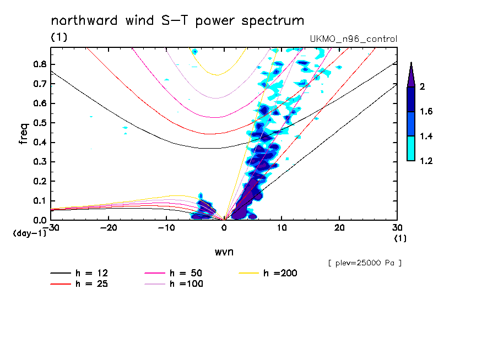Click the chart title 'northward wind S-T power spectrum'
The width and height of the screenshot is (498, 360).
click(x=177, y=21)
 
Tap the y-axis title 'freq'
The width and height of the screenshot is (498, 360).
click(x=24, y=133)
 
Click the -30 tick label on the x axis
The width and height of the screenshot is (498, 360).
click(x=50, y=227)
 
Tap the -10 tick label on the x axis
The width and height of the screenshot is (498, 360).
click(x=166, y=227)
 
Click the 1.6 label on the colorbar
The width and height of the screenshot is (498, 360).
click(x=426, y=112)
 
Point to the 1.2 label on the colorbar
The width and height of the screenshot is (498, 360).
click(x=426, y=161)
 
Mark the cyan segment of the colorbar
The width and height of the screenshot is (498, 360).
click(x=411, y=149)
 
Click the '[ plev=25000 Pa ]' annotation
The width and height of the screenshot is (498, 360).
click(x=364, y=263)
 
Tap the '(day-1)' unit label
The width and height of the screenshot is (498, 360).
click(x=29, y=233)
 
